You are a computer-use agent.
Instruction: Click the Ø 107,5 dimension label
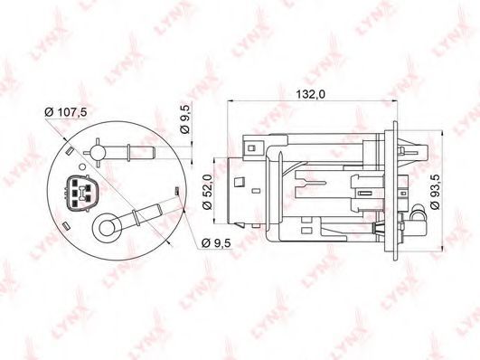pyautogui.click(x=65, y=112)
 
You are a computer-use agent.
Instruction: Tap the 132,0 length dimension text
pyautogui.click(x=310, y=95)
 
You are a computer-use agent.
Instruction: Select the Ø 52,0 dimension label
pyautogui.click(x=207, y=192)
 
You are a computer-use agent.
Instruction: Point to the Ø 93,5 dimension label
pyautogui.click(x=435, y=192)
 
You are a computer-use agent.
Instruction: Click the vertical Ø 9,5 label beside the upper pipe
pyautogui.click(x=185, y=118)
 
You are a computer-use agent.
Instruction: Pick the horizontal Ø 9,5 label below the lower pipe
pyautogui.click(x=216, y=243)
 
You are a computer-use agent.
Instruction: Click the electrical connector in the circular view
pyautogui.click(x=81, y=194)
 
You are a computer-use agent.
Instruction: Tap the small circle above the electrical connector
pyautogui.click(x=82, y=167)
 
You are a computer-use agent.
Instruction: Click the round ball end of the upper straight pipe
pyautogui.click(x=98, y=153)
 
